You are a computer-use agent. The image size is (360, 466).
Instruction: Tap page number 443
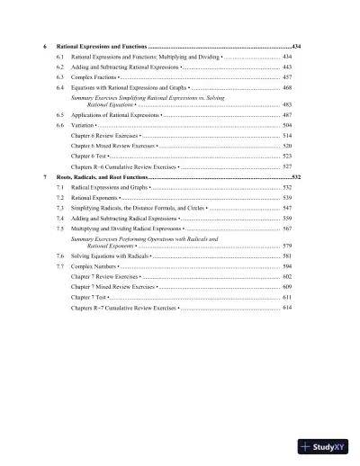point(287,67)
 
